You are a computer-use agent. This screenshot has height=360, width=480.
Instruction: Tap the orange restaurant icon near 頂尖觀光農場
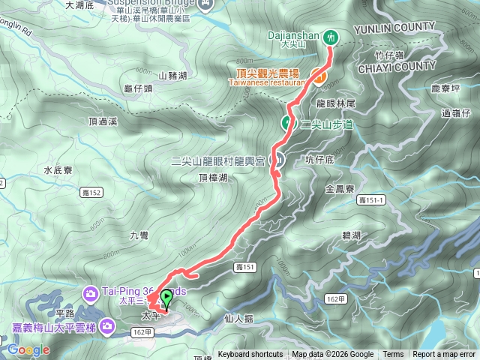pos(319,76)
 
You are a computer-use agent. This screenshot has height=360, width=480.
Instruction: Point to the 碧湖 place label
pos(351,235)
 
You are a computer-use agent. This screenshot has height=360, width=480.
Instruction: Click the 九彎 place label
pos(139,235)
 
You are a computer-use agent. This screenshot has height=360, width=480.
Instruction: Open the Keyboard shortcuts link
pos(250,355)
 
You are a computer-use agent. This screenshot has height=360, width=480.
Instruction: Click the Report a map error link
pos(444,355)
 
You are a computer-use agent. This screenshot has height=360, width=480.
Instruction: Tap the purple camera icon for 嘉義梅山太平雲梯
pos(107,325)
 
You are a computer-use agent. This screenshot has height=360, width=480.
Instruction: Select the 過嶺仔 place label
pos(455,113)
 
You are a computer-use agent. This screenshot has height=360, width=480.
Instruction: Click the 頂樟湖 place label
pos(213,178)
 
